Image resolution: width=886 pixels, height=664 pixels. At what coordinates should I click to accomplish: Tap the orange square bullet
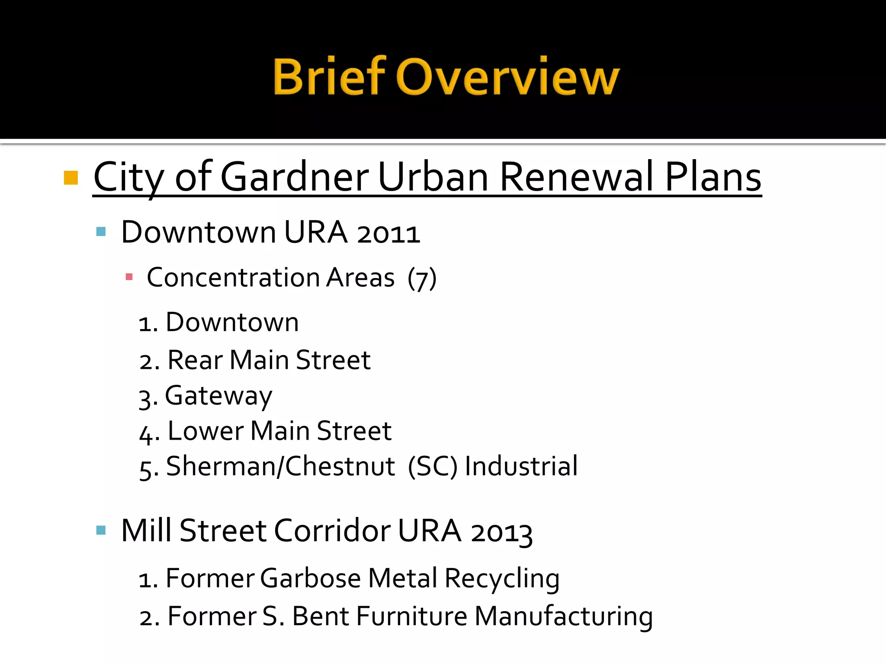pos(71,178)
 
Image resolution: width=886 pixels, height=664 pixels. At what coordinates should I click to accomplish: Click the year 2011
pos(388,233)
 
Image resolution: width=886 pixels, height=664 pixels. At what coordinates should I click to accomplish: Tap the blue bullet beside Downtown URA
pos(101,232)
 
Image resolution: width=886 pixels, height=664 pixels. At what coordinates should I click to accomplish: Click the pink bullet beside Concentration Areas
pos(129,277)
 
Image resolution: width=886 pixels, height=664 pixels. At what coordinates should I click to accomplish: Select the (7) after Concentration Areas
pos(422,278)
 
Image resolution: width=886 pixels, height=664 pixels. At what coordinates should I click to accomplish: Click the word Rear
pos(195,360)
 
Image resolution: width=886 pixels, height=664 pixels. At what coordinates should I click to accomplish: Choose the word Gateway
pos(218,396)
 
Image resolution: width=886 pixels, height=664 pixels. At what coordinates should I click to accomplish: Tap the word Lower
pos(205,431)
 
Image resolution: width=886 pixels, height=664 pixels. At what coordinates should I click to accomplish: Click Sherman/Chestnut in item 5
pos(280,466)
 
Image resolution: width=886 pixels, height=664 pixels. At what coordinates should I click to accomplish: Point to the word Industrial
pos(521,466)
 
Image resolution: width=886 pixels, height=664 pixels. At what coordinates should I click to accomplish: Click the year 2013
pos(501,532)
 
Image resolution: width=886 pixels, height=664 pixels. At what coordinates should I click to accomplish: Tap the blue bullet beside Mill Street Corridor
pos(101,530)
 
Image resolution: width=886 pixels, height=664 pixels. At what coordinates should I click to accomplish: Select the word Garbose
pos(311,578)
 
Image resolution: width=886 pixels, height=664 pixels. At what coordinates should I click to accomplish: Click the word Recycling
pos(502,578)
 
